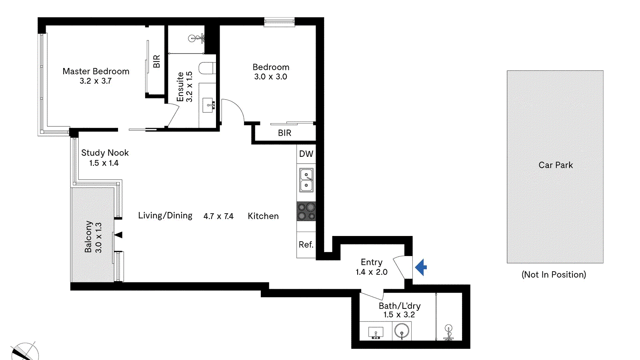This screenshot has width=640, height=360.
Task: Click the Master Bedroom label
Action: pos(96,71)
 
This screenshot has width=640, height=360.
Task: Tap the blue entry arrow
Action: pos(421,267)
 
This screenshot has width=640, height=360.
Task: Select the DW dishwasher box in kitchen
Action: pos(306,154)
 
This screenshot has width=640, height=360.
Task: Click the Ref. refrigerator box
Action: pos(306,244)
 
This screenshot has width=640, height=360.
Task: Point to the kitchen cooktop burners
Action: pos(306,212)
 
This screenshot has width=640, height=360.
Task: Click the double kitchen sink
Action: pos(306,180)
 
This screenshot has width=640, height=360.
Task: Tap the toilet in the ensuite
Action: pos(207,68)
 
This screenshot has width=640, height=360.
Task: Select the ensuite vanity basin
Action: pos(208,105)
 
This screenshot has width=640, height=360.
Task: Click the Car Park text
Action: pos(556,165)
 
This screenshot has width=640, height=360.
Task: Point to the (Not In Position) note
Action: pos(554,274)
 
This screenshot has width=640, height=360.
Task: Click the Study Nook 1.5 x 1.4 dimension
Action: pos(104,163)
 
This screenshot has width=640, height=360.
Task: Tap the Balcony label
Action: pos(88,237)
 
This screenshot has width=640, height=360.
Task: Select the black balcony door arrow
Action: pos(118,235)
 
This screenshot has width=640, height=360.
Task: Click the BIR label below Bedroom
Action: pos(284,133)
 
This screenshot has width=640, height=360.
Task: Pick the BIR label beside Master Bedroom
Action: pos(156,61)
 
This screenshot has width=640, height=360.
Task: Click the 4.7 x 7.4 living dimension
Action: pos(218,216)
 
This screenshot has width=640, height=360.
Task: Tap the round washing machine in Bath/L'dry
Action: pos(402,331)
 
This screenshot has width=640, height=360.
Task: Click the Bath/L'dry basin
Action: pos(376,332)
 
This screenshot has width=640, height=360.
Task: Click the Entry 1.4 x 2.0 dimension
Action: pos(372,272)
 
